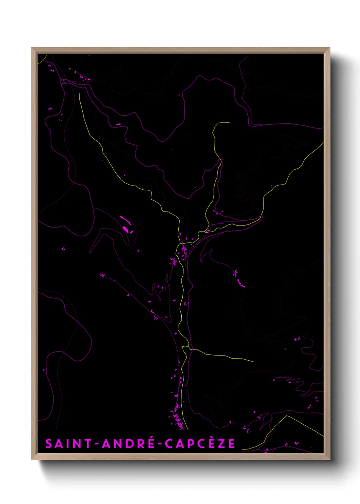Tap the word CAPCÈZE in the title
click(200, 444)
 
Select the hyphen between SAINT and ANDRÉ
click(97, 444)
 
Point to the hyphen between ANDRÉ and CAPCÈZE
click(160, 444)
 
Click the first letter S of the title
click(49, 444)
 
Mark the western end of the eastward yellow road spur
click(191, 349)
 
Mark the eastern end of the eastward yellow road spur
click(254, 362)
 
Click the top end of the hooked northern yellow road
click(229, 122)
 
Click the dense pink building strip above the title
click(178, 417)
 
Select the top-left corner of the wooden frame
click(32, 48)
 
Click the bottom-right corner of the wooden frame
click(329, 459)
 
